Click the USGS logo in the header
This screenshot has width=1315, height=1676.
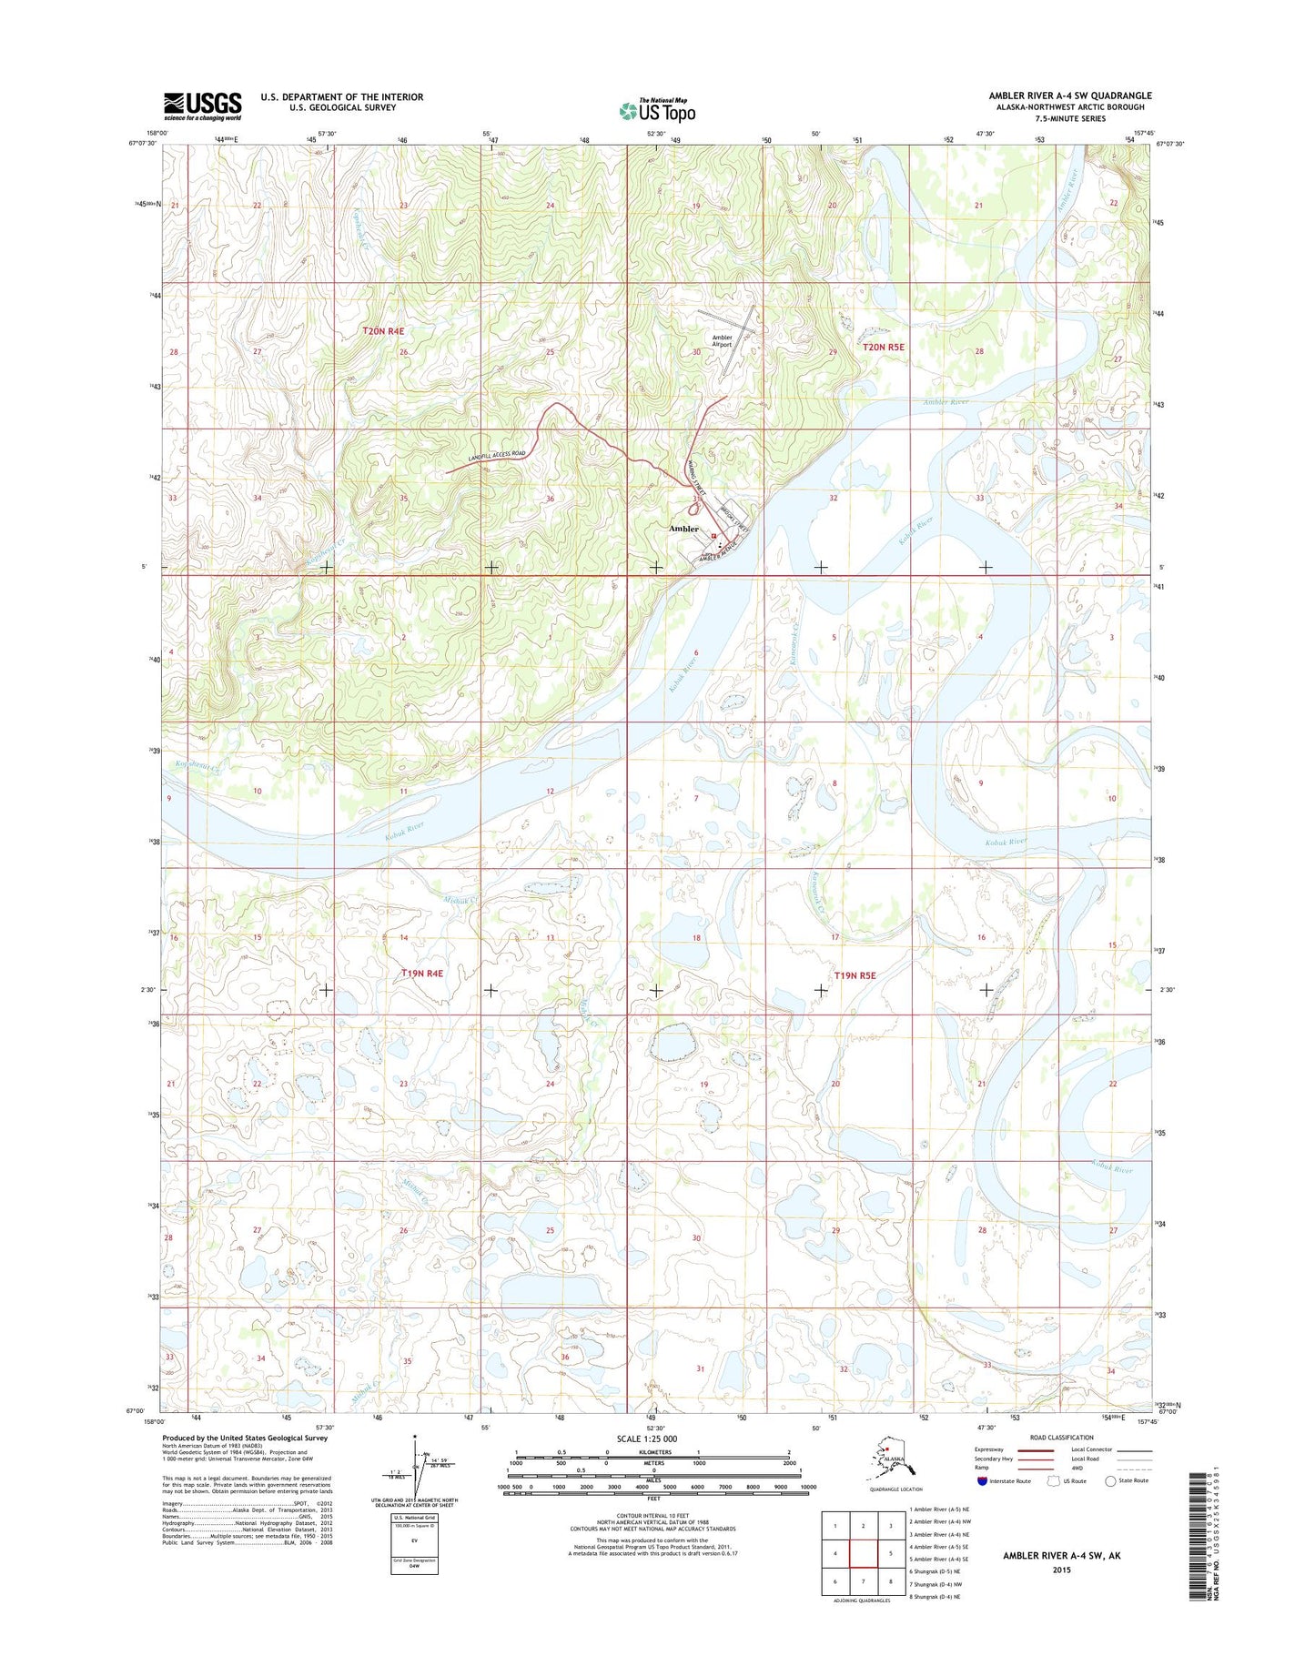coord(202,106)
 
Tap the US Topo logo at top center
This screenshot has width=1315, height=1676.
coord(657,110)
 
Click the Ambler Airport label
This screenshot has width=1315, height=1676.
coord(722,341)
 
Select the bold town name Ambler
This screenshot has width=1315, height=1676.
coord(683,529)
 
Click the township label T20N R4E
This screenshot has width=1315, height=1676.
coord(382,332)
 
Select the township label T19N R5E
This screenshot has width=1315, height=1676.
coord(855,975)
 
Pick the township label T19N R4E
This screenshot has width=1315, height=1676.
coord(422,973)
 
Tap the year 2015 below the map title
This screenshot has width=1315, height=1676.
coord(1061,1570)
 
